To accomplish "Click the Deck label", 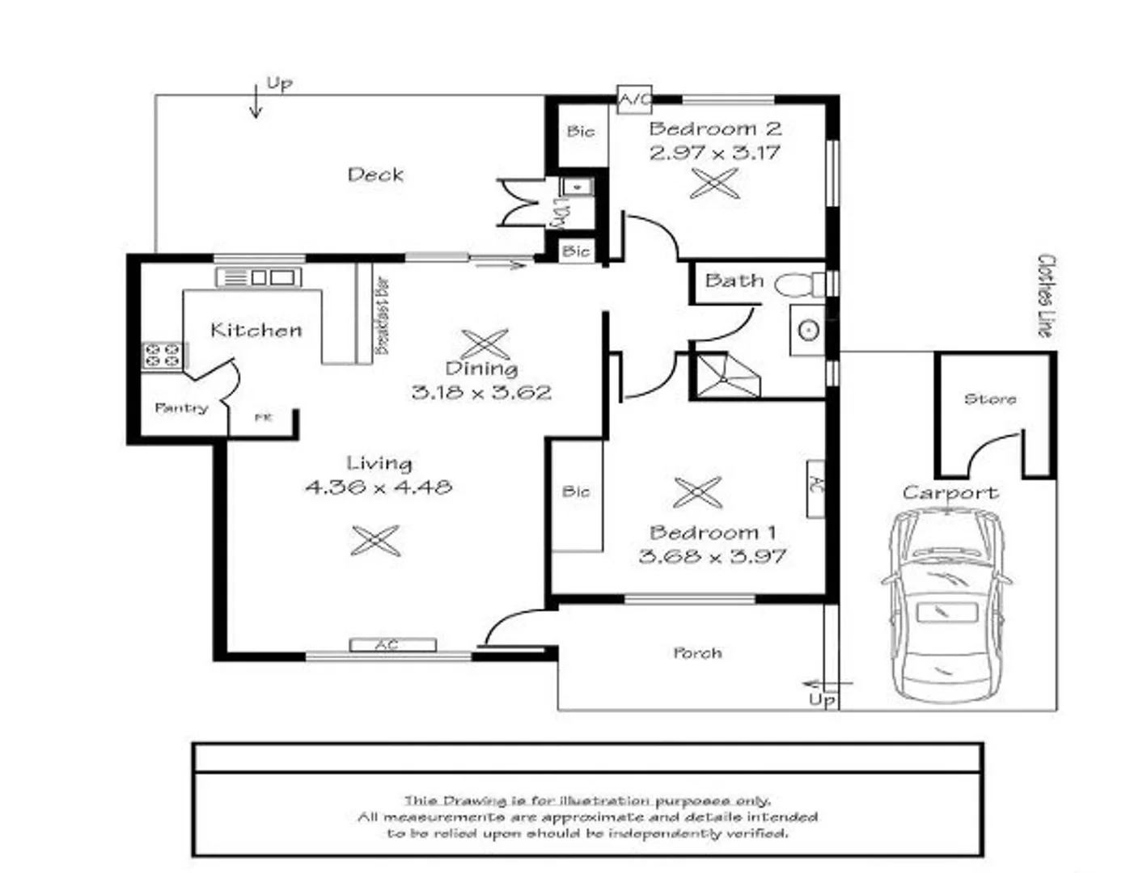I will (375, 174).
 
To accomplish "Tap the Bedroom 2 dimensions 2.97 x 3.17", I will (714, 152).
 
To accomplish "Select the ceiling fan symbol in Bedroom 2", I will (715, 183).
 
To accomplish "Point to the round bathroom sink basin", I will (807, 330).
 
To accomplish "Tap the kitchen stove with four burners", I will (163, 356).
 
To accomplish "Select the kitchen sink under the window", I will (259, 277).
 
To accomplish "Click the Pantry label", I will (181, 408).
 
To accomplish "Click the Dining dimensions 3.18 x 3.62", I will (481, 393).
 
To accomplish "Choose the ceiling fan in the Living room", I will (375, 540).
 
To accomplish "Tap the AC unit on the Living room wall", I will (392, 645).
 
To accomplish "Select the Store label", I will (990, 399).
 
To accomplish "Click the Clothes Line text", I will (1046, 296).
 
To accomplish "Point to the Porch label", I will (697, 652).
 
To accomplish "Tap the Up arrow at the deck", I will (256, 101).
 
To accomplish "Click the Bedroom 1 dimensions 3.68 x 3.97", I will (712, 556).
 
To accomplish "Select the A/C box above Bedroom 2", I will (634, 99).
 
